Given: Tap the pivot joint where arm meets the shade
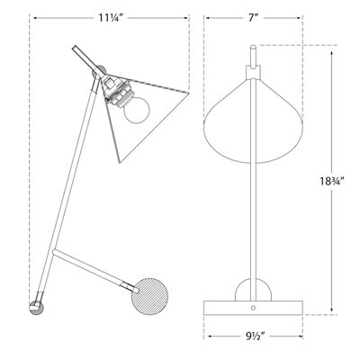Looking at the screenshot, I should point(102,74).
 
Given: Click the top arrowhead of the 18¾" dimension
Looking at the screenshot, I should point(331,49).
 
